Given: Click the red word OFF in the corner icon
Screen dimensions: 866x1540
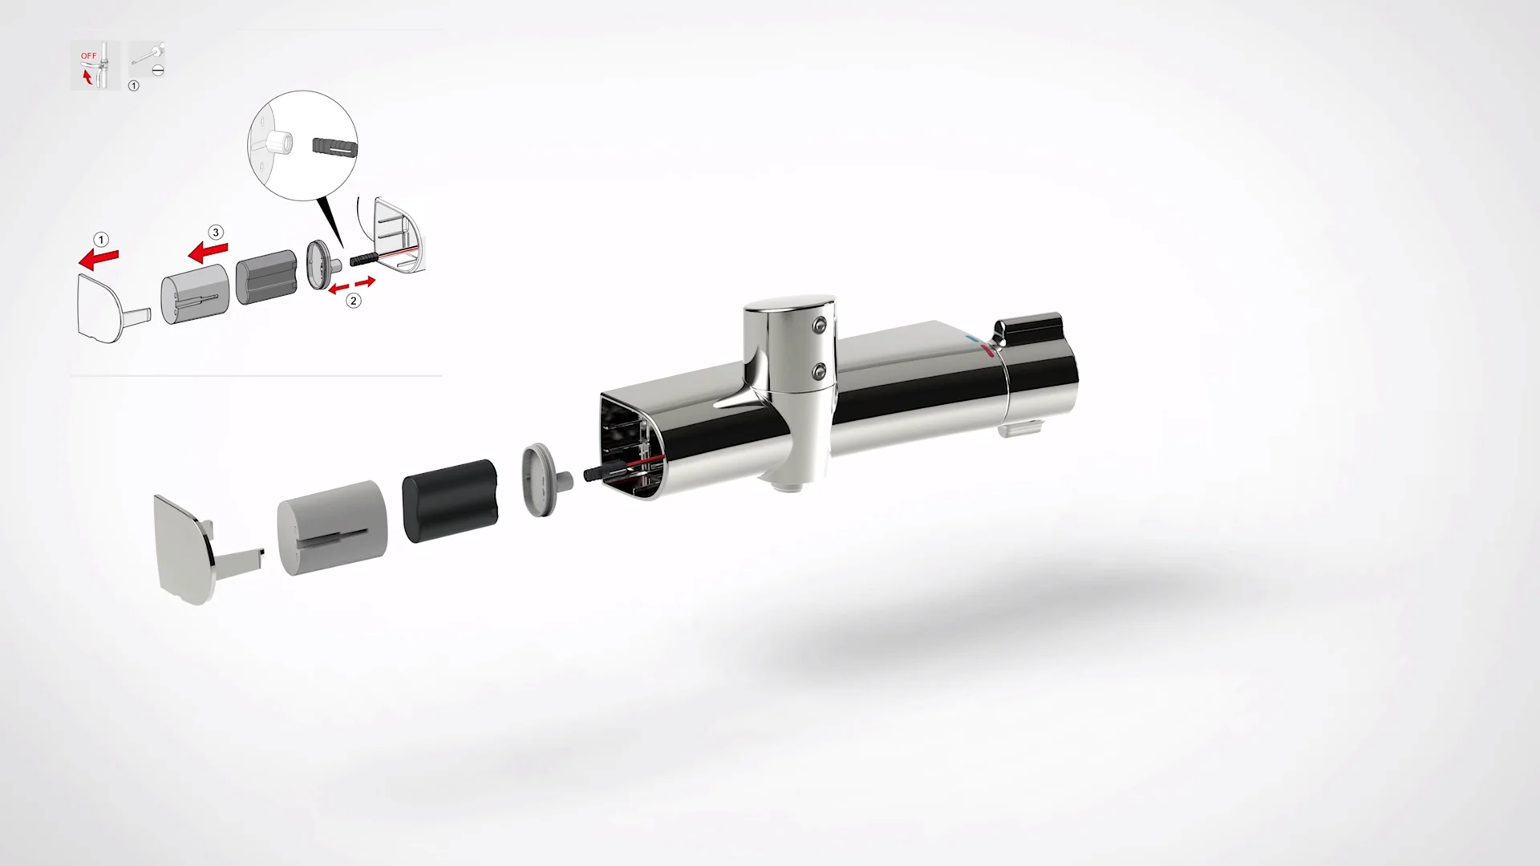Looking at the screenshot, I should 88,56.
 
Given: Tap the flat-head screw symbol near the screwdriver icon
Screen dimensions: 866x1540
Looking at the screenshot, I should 158,71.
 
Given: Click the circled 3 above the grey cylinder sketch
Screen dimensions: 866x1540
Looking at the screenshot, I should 215,233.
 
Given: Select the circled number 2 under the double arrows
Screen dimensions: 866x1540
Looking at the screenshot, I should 354,301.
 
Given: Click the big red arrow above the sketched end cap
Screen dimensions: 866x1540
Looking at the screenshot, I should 99,259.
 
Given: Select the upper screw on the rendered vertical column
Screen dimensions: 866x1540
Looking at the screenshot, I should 819,324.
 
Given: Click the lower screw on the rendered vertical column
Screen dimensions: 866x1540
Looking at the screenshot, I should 819,370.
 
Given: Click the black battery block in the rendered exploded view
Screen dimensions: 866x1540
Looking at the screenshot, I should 450,500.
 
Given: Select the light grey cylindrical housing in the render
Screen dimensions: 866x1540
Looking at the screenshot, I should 332,528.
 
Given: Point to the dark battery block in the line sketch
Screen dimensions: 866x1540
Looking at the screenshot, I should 266,277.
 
